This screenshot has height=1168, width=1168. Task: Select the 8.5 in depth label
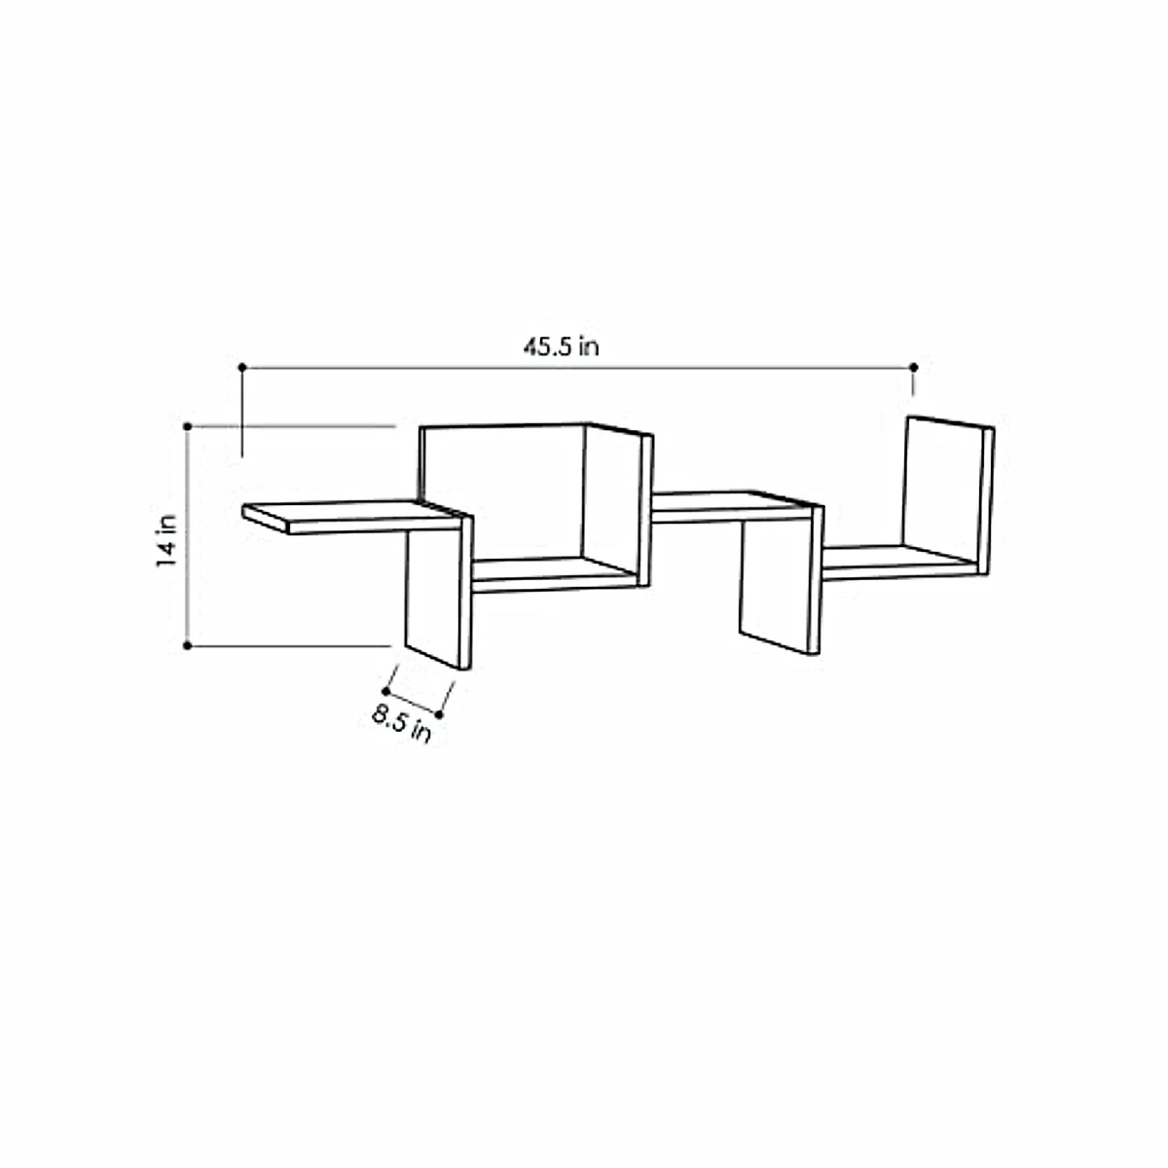401,725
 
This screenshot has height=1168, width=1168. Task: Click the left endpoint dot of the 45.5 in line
242,367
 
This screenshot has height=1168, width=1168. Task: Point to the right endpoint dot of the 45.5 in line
913,367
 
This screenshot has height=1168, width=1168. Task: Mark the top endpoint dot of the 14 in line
186,425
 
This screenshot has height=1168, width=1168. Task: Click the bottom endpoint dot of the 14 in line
186,644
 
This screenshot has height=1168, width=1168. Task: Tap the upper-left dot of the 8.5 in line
386,690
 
